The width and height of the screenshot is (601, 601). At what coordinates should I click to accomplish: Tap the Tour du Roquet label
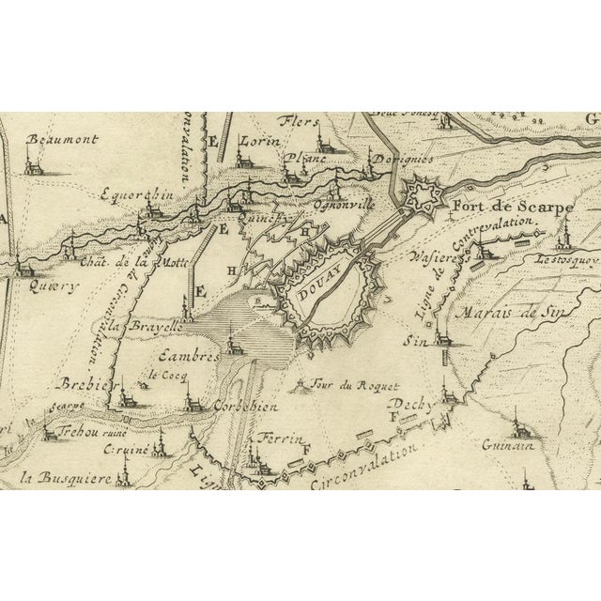[355, 386]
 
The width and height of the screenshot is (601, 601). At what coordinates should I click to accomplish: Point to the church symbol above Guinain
[515, 428]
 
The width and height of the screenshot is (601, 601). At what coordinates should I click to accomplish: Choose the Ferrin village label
[264, 439]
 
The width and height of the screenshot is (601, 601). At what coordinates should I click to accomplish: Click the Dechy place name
[410, 404]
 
